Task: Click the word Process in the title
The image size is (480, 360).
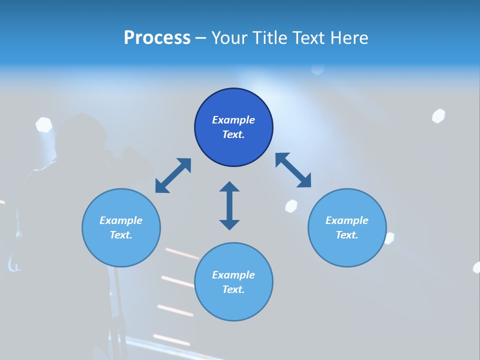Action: click(x=157, y=38)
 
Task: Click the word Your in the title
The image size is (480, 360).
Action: click(x=230, y=38)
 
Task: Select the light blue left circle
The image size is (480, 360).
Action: click(x=121, y=250)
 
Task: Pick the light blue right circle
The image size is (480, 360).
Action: click(x=347, y=250)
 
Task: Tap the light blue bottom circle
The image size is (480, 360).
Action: click(x=233, y=305)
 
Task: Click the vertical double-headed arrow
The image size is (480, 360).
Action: click(x=229, y=205)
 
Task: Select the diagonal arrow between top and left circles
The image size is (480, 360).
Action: click(x=173, y=175)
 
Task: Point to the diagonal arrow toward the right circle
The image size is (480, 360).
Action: click(x=293, y=170)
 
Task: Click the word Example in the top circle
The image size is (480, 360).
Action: click(x=233, y=120)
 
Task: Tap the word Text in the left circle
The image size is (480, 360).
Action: click(x=121, y=235)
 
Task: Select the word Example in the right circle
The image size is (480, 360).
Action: click(x=347, y=220)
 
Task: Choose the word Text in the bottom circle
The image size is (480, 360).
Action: click(x=233, y=289)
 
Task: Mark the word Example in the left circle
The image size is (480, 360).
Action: click(x=121, y=220)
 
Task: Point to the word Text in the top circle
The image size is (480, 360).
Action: click(x=233, y=134)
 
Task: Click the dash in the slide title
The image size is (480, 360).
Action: click(x=201, y=38)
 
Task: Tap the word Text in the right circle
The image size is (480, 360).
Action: click(x=347, y=235)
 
